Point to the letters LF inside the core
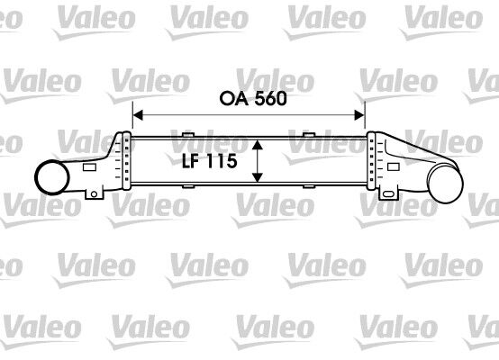click(186, 162)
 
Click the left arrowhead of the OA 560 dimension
click(138, 114)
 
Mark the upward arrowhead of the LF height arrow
click(259, 144)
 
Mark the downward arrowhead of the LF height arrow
click(259, 179)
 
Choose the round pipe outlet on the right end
click(448, 184)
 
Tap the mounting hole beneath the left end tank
click(92, 193)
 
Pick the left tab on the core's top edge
click(188, 137)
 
